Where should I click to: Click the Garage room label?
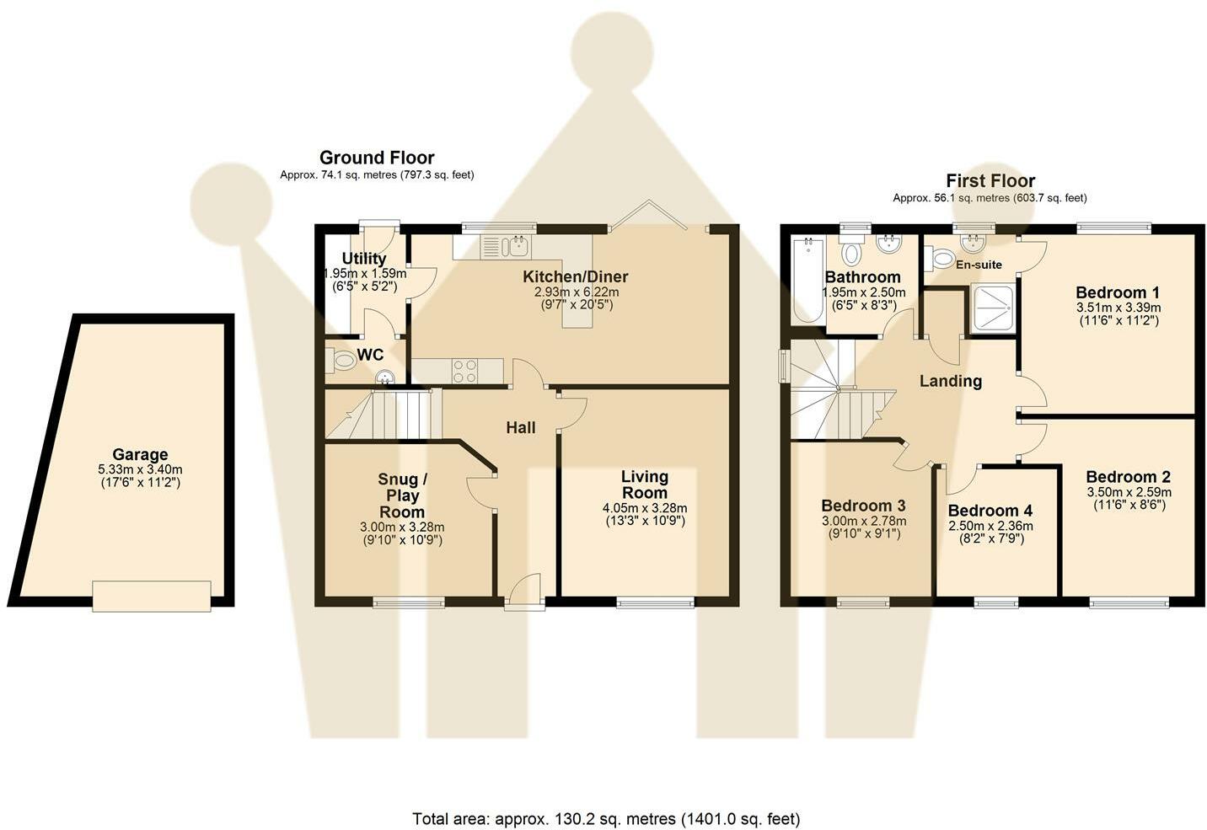coord(140,454)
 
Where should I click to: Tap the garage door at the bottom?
coord(152,596)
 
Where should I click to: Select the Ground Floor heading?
coord(377,158)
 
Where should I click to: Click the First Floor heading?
coord(990,180)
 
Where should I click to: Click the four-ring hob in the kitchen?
coord(465,371)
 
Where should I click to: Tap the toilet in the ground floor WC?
coord(341,360)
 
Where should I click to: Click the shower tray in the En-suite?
coord(993,308)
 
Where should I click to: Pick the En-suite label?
coord(979,265)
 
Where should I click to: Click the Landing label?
coord(951,381)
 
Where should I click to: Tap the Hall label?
coord(521,428)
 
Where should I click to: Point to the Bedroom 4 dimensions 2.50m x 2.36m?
coord(990,526)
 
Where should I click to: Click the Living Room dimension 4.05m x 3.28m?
coord(645,507)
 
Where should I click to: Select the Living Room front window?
coord(655,602)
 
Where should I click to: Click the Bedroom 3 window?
coord(863,602)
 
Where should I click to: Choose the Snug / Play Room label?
coord(402,495)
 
